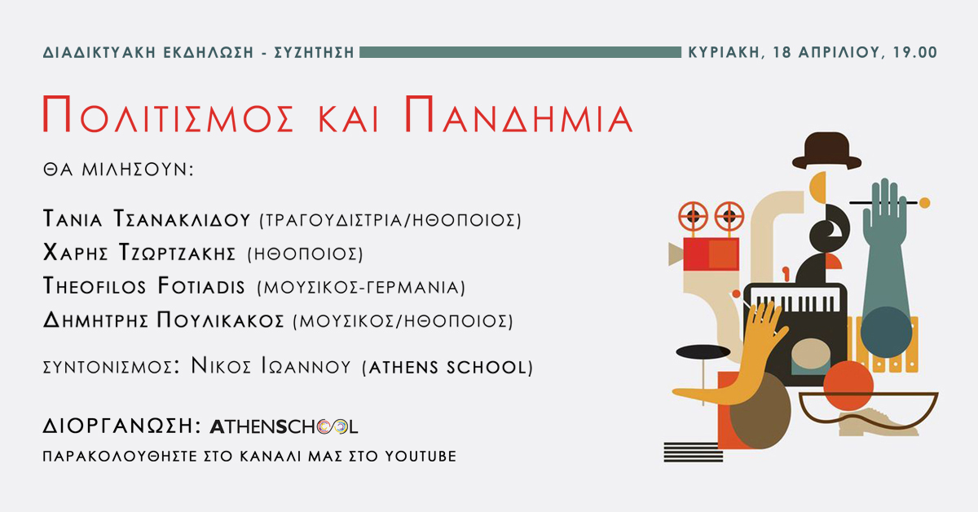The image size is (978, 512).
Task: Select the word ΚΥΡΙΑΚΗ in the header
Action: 722,52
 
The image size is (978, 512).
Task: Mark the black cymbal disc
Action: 703,351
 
